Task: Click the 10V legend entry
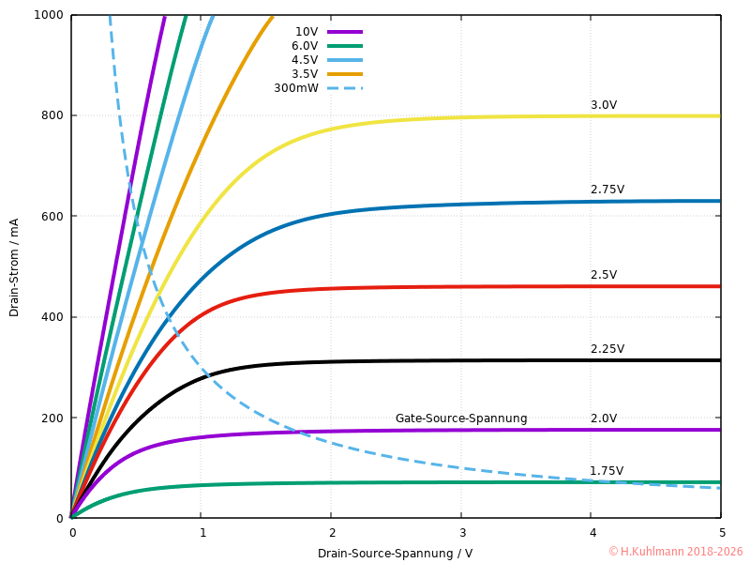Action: [307, 32]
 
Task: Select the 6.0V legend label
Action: [305, 46]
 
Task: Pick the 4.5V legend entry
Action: [305, 60]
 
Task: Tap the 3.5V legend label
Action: [305, 74]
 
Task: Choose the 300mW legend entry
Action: [296, 88]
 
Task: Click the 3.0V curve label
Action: [604, 105]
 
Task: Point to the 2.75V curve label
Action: [607, 190]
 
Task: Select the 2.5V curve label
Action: [604, 275]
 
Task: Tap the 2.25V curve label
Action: [607, 349]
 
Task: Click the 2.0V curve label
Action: [604, 418]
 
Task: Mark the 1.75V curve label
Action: [607, 471]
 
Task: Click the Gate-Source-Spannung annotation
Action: [461, 418]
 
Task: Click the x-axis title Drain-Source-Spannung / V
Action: [395, 553]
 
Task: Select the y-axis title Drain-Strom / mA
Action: [14, 267]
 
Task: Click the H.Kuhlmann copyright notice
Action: [675, 552]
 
